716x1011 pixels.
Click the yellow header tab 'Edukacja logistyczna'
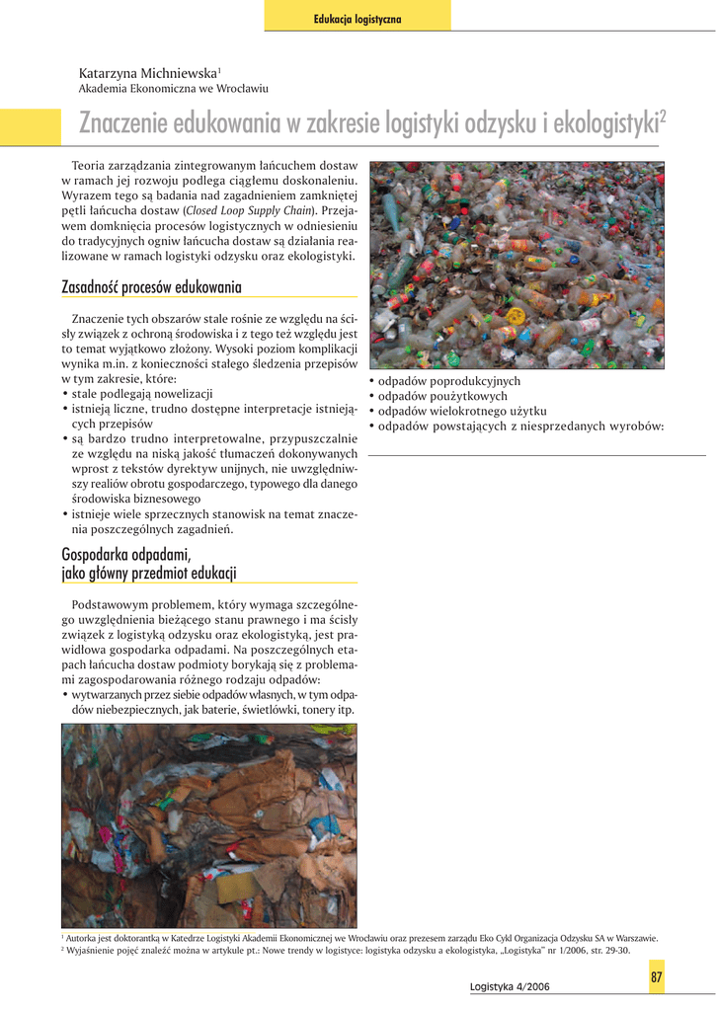click(x=357, y=19)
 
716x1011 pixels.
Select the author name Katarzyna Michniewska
click(x=148, y=73)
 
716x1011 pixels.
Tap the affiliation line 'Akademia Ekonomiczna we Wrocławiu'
click(x=173, y=89)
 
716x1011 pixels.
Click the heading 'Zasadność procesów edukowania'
click(x=151, y=287)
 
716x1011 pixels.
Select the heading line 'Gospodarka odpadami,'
click(x=124, y=554)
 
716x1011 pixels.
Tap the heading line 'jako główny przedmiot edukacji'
click(x=148, y=574)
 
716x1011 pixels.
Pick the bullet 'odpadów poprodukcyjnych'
click(x=448, y=381)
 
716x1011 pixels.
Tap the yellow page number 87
click(x=656, y=976)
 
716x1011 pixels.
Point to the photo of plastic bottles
click(x=517, y=265)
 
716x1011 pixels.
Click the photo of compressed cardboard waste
click(x=209, y=824)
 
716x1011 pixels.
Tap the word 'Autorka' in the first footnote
click(x=82, y=938)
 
